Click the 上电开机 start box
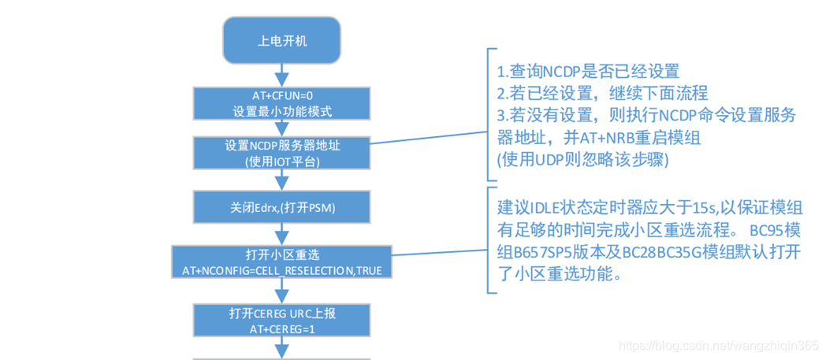282,43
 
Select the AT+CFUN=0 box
282,103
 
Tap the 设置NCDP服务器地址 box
282,151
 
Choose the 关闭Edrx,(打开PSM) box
282,208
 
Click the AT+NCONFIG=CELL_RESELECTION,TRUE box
282,262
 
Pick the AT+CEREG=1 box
282,321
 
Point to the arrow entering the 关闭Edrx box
282,180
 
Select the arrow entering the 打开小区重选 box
282,235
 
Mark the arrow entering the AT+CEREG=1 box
282,291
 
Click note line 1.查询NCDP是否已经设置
588,72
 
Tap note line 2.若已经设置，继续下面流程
602,93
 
